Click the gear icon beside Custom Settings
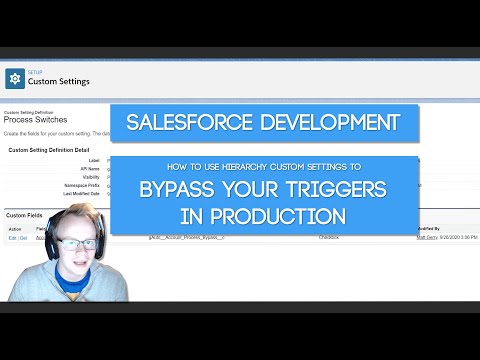(x=16, y=78)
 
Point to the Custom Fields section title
(x=26, y=215)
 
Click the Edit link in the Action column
(x=12, y=238)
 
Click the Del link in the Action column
(x=24, y=238)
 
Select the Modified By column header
(x=428, y=229)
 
